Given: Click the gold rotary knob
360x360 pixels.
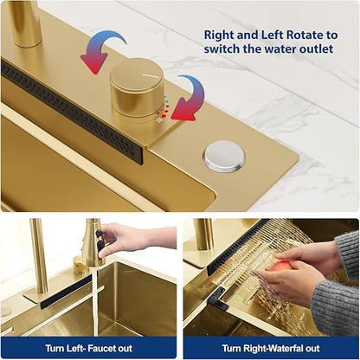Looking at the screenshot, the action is pyautogui.click(x=137, y=90).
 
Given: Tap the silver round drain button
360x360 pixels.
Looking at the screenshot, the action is pyautogui.click(x=225, y=157).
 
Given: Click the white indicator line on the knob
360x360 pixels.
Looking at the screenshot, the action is pyautogui.click(x=150, y=75).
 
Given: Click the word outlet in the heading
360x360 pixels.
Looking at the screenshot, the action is pyautogui.click(x=317, y=48).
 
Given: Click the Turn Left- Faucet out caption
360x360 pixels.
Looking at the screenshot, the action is pyautogui.click(x=88, y=348).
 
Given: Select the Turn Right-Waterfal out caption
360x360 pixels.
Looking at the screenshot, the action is pyautogui.click(x=271, y=348).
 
